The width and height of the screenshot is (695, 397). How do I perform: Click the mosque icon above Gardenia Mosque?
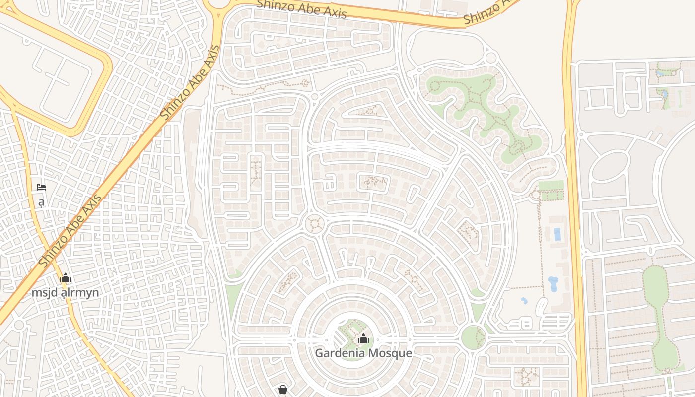tap(363, 339)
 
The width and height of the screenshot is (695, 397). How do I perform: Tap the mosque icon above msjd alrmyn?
tap(66, 278)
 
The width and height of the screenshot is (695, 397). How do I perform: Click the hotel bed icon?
tap(41, 187)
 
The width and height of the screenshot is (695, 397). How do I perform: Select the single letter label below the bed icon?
tap(41, 202)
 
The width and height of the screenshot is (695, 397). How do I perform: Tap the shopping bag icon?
tap(283, 390)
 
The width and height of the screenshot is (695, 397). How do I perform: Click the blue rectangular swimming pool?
tap(557, 234)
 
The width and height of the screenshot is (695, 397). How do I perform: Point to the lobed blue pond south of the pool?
tap(553, 284)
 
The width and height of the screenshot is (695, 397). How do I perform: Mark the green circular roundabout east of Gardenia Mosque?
tap(473, 337)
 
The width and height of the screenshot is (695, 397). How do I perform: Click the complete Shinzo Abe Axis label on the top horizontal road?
tap(301, 8)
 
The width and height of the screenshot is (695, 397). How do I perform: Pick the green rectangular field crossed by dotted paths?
tap(551, 191)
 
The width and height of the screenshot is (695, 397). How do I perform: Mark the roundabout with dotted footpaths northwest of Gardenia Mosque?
tap(314, 223)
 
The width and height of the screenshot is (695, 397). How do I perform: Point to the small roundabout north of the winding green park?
tap(490, 58)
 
